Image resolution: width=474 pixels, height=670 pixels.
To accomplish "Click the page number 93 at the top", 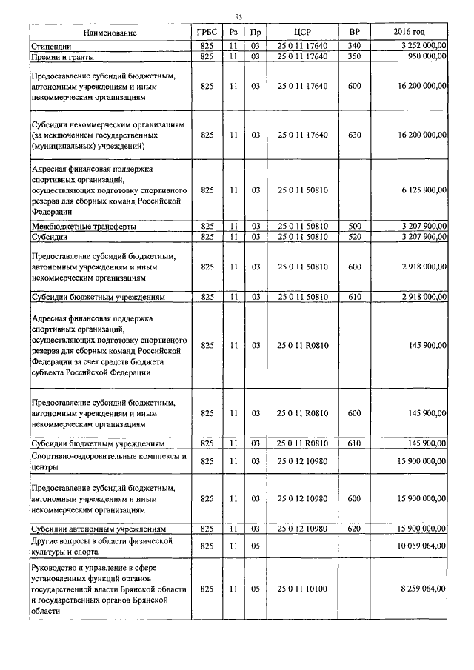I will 238,17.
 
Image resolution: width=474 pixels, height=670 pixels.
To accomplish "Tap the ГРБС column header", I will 207,33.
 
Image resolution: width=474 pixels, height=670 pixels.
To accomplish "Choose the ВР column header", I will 353,33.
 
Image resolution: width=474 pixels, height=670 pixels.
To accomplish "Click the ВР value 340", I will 353,47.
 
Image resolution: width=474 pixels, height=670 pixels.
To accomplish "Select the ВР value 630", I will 353,135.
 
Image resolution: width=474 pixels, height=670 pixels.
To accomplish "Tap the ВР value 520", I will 353,237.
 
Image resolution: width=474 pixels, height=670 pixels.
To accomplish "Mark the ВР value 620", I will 353,529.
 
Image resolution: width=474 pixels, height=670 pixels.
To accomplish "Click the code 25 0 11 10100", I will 301,589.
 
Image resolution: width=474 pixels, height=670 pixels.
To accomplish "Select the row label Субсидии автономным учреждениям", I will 98,529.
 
